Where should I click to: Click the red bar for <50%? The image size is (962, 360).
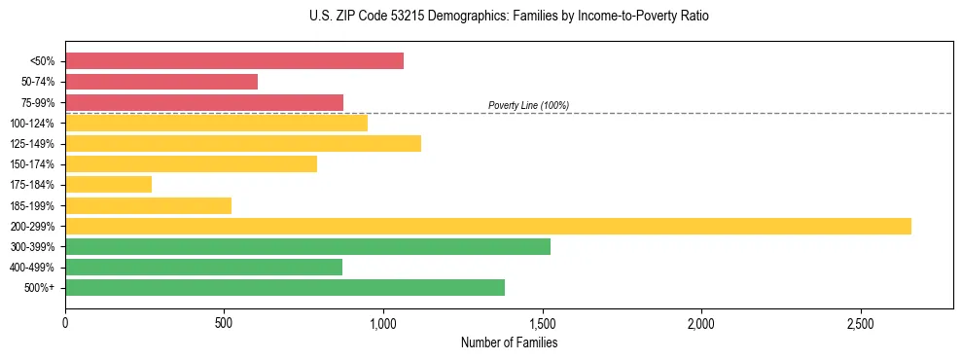pos(233,61)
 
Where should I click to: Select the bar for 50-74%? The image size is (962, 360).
pos(161,82)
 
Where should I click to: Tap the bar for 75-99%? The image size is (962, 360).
pos(204,102)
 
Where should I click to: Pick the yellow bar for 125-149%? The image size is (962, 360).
pos(243,143)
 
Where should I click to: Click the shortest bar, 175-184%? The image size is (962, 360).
pos(108,184)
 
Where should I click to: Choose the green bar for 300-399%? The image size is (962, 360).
pos(307,246)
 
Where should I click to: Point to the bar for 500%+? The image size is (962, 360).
pos(285,287)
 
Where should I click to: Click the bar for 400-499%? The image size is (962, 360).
pos(203,267)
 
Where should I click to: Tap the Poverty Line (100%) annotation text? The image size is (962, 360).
pos(528,105)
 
